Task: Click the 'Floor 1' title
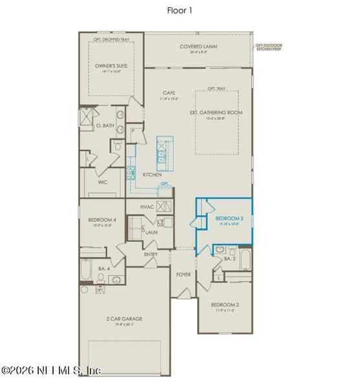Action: tap(180, 10)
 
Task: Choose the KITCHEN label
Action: tap(152, 175)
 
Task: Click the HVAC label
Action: tap(149, 206)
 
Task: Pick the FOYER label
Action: tap(184, 274)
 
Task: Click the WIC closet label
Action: tap(103, 182)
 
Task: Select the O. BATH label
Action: tap(105, 125)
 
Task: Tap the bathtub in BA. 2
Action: tap(245, 259)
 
